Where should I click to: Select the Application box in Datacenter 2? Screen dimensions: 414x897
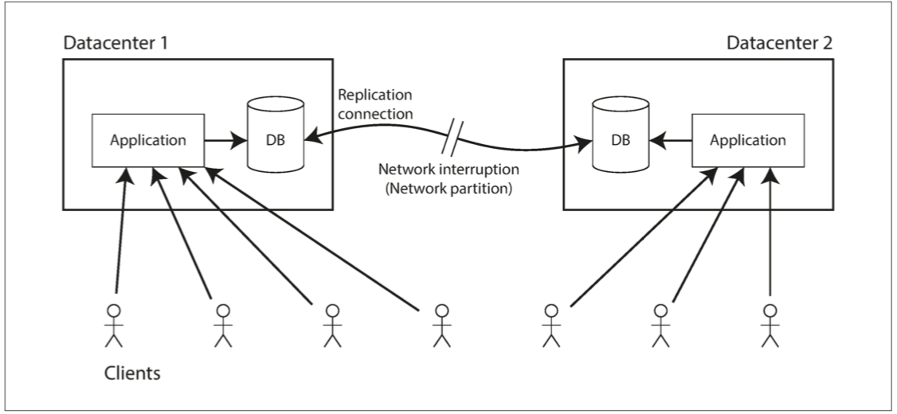tap(748, 139)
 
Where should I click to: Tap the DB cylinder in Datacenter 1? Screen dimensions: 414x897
tap(276, 135)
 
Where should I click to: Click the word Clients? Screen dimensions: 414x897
tap(132, 371)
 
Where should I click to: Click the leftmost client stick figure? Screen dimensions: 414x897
tap(116, 325)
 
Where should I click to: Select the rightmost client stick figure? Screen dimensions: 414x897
tap(769, 325)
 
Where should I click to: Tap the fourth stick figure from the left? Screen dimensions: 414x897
tap(440, 325)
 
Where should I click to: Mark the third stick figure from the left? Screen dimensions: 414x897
tap(332, 325)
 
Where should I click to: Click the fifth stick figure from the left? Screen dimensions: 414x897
tap(550, 325)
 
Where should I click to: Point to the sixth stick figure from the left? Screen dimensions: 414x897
tap(660, 325)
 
